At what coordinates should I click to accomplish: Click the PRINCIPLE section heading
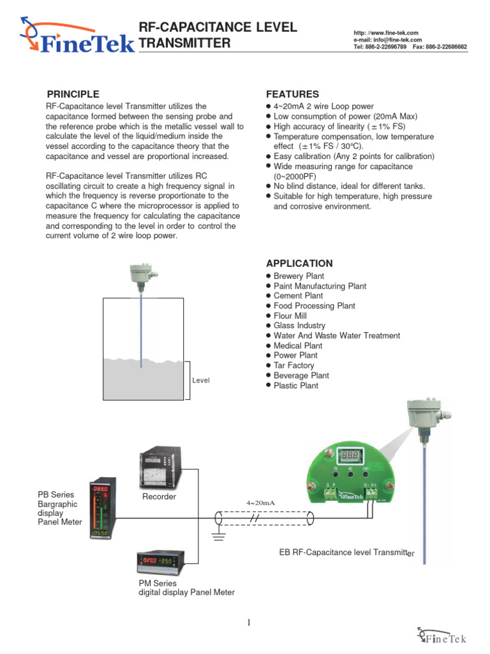point(73,94)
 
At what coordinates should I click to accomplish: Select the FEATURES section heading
point(292,94)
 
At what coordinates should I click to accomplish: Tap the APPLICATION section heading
point(299,263)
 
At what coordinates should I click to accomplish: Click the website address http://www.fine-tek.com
point(385,33)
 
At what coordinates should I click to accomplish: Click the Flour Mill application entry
point(290,316)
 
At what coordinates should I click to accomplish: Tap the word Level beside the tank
point(201,381)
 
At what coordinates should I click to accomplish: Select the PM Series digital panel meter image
point(161,563)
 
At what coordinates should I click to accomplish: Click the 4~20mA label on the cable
point(260,503)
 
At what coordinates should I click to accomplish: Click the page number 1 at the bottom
point(249,623)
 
